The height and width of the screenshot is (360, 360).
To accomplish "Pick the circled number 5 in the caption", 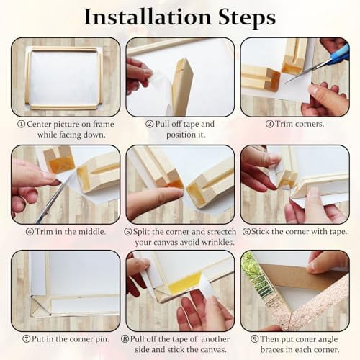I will point(128,231).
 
